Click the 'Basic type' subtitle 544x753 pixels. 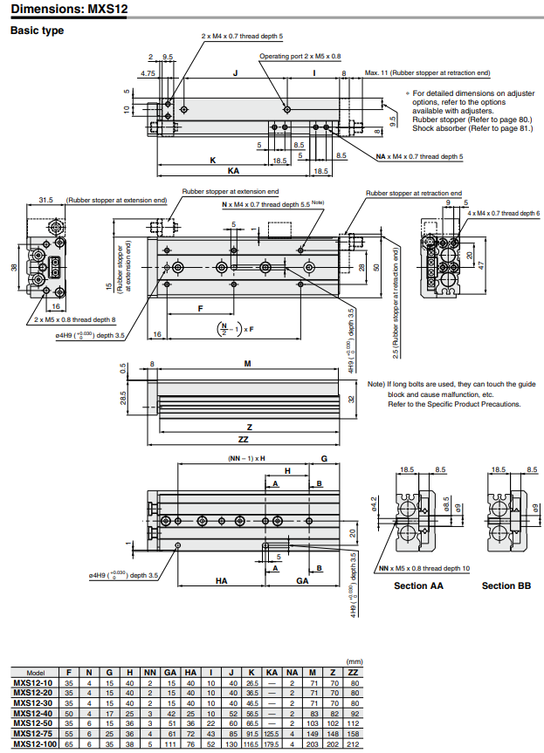37,31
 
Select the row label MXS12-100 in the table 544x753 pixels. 32,744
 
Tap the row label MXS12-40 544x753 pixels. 32,713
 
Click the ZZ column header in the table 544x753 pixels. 354,674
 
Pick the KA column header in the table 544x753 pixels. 272,674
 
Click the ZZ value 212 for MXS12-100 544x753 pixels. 354,744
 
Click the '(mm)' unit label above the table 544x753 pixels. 354,662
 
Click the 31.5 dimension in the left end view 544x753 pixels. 47,200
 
